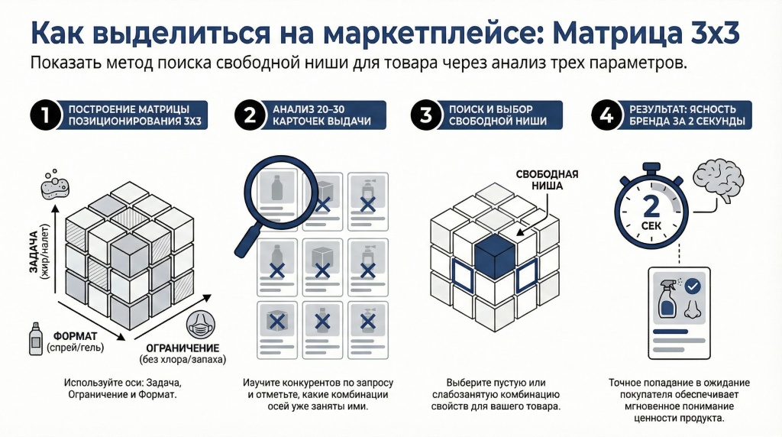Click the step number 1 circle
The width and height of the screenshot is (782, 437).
[46, 116]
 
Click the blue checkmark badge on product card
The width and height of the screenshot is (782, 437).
[692, 287]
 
